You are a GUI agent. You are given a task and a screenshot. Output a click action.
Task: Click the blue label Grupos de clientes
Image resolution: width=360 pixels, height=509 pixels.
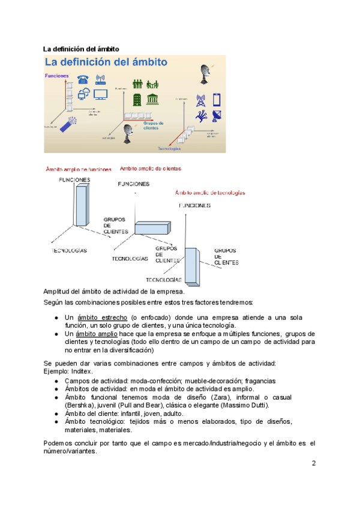pyautogui.click(x=154, y=125)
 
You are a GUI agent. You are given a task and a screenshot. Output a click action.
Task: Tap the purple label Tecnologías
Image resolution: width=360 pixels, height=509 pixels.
pyautogui.click(x=169, y=148)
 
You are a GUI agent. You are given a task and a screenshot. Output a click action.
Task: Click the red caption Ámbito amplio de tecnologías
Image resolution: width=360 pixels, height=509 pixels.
pyautogui.click(x=210, y=193)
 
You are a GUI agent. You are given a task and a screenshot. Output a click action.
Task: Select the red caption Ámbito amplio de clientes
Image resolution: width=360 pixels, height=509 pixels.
pyautogui.click(x=151, y=169)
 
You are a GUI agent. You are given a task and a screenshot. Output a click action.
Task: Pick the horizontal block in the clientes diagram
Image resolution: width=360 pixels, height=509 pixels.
pyautogui.click(x=152, y=228)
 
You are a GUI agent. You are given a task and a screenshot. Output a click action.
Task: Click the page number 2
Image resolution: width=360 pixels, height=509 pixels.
pyautogui.click(x=313, y=463)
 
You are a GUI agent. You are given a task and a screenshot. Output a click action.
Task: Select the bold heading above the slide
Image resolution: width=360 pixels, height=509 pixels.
pyautogui.click(x=81, y=48)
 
